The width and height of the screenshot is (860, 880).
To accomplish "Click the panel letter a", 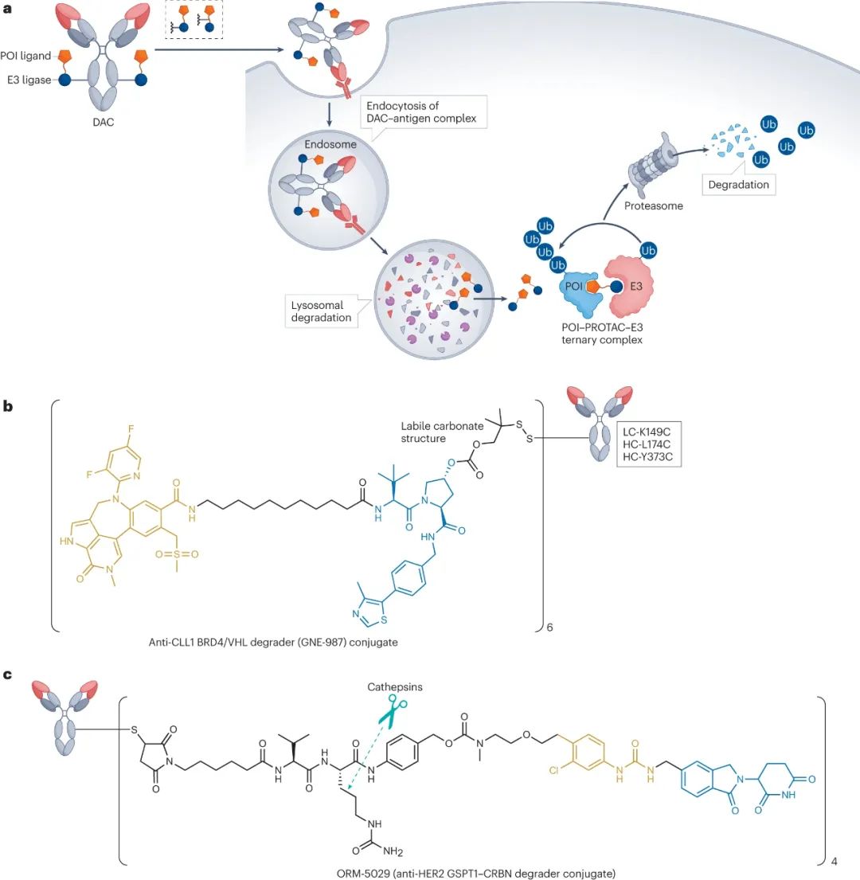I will pyautogui.click(x=9, y=9).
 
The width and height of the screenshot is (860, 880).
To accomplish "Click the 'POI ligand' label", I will pyautogui.click(x=29, y=56).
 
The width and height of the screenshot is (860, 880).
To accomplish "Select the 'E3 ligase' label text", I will pyautogui.click(x=27, y=80).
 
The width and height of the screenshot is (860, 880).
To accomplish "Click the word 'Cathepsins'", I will pyautogui.click(x=391, y=686).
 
